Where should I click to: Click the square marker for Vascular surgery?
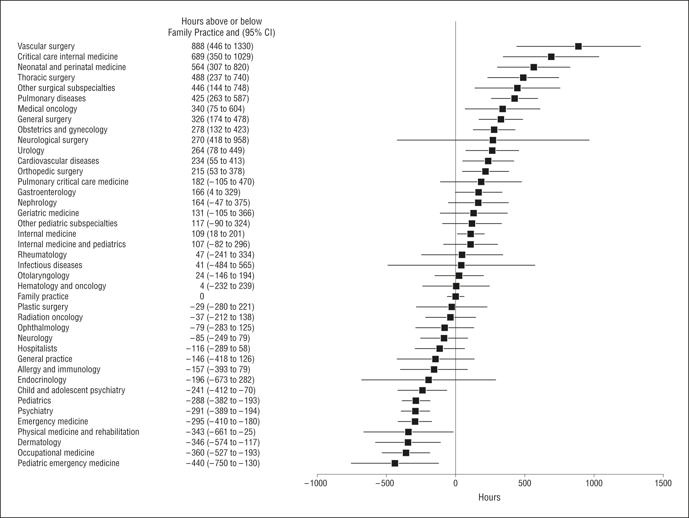578,46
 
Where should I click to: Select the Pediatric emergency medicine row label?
68,463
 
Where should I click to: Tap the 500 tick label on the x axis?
525,483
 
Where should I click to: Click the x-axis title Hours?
489,497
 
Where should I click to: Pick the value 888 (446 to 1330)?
222,46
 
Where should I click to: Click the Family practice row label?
43,297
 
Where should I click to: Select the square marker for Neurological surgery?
493,140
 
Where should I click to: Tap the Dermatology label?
39,442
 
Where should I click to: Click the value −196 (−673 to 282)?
220,380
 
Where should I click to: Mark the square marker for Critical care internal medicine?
551,57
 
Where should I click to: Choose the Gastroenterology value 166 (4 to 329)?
216,192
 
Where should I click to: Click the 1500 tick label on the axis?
662,483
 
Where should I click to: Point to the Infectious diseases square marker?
461,265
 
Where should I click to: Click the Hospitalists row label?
37,349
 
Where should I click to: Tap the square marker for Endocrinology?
428,380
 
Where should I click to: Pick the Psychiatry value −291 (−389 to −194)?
223,411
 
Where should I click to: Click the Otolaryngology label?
43,276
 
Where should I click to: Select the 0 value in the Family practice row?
202,297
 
